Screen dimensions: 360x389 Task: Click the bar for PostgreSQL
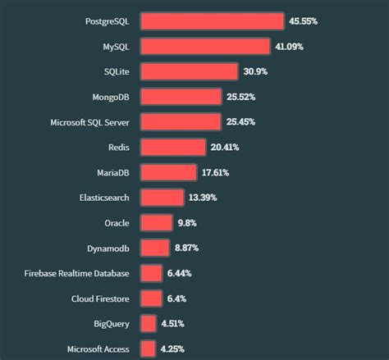[x=212, y=21]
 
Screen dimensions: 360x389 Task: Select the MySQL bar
[x=205, y=47]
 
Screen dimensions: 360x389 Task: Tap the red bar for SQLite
[x=189, y=72]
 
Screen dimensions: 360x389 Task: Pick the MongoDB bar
[x=181, y=98]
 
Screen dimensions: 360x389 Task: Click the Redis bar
[x=172, y=148]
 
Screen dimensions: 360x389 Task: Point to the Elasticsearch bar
[x=162, y=198]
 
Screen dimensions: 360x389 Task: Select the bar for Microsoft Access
[x=148, y=349]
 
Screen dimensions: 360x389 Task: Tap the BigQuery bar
[x=148, y=323]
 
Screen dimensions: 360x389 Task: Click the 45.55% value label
[x=303, y=21]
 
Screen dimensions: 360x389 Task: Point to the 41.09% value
[x=290, y=47]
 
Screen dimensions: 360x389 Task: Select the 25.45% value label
[x=241, y=122]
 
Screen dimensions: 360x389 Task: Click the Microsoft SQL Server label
[x=89, y=122]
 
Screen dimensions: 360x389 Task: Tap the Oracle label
[x=117, y=223]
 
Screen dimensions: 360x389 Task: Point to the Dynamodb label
[x=108, y=248]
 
